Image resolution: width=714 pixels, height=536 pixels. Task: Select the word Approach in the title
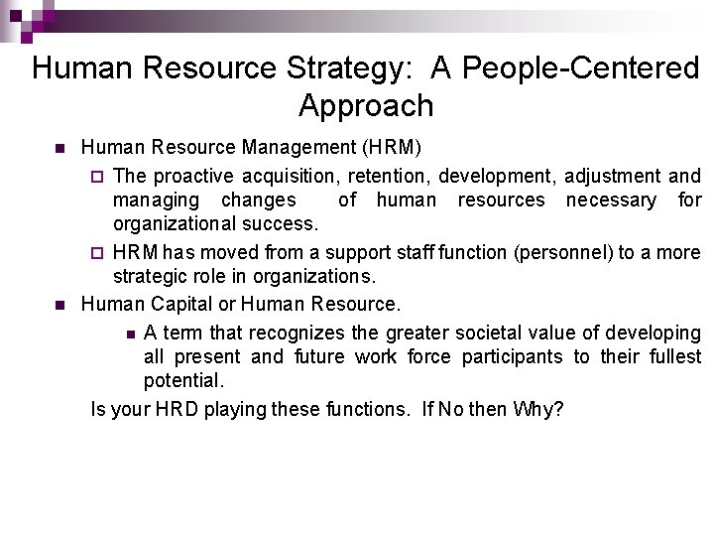(365, 105)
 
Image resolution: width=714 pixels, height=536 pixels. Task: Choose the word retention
(393, 176)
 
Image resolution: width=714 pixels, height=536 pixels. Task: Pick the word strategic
(150, 276)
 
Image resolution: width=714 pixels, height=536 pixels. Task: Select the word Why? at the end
(538, 408)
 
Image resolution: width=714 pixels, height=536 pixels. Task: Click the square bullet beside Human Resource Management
(59, 149)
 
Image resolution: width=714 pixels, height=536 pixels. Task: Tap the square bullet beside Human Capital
(59, 305)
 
